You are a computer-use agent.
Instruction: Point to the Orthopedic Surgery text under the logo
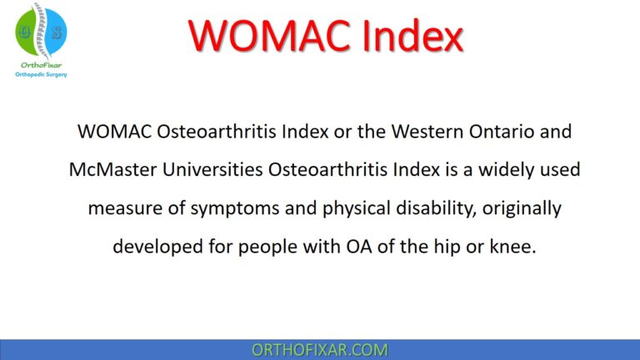pos(41,74)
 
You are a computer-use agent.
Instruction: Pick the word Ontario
pos(502,132)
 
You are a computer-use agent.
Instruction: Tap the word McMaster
pos(109,170)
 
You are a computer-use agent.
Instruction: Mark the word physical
pos(328,208)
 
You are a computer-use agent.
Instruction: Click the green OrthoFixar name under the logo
pos(41,63)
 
